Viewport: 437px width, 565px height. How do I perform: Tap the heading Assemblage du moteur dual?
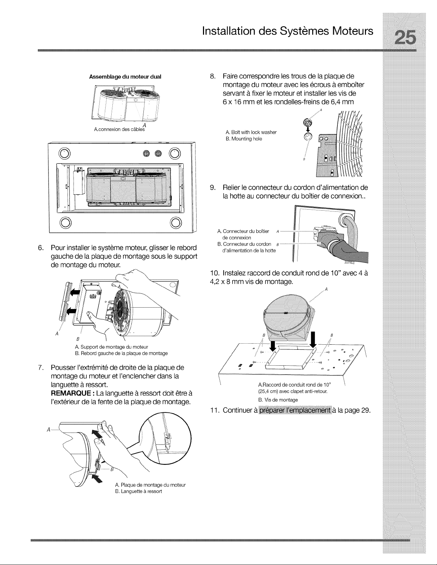[125, 77]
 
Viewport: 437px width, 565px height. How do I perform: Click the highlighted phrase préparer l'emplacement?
[295, 410]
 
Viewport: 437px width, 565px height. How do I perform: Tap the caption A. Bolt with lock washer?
[251, 132]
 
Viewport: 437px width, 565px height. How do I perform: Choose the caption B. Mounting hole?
[244, 139]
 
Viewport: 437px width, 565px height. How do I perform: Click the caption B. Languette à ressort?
[138, 492]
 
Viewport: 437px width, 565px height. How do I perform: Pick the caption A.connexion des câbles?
[119, 129]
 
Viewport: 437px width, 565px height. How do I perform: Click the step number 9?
[213, 188]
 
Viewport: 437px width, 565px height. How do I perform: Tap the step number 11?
[214, 411]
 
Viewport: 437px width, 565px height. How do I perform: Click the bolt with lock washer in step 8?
[308, 123]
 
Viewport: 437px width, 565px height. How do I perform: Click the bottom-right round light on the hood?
[176, 222]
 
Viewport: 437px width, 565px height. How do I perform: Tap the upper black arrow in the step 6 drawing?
[75, 292]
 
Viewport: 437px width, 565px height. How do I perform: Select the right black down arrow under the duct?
[313, 340]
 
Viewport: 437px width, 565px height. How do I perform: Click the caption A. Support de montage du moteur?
[111, 347]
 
